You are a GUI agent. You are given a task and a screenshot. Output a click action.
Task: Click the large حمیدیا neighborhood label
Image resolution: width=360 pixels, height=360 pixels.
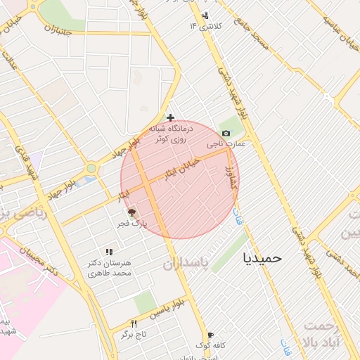pyautogui.click(x=261, y=257)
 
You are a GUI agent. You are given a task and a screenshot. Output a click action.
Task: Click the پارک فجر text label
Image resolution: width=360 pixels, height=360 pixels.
pyautogui.click(x=131, y=224)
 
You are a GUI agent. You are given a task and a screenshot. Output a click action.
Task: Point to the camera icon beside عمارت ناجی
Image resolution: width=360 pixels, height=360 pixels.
pyautogui.click(x=226, y=133)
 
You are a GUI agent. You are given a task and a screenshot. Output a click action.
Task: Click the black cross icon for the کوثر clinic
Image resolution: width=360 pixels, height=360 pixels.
pyautogui.click(x=170, y=117)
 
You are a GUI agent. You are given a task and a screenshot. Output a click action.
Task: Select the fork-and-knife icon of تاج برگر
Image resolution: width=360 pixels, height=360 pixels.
pyautogui.click(x=134, y=323)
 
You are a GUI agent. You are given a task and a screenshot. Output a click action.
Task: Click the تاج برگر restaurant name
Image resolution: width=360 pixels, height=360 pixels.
pyautogui.click(x=133, y=335)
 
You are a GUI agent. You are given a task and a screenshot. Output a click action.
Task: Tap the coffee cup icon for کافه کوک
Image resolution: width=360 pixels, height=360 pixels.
pyautogui.click(x=209, y=335)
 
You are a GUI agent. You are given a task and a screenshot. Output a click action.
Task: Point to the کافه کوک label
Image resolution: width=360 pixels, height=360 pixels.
pyautogui.click(x=210, y=346)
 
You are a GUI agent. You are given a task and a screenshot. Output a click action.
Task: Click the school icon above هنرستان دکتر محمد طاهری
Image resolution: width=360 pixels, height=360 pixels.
pyautogui.click(x=108, y=251)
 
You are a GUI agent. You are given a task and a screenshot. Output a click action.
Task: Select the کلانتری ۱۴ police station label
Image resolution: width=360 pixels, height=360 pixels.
pyautogui.click(x=205, y=26)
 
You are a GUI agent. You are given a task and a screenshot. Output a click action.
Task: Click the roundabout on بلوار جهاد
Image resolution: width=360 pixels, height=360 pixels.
pyautogui.click(x=91, y=168)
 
